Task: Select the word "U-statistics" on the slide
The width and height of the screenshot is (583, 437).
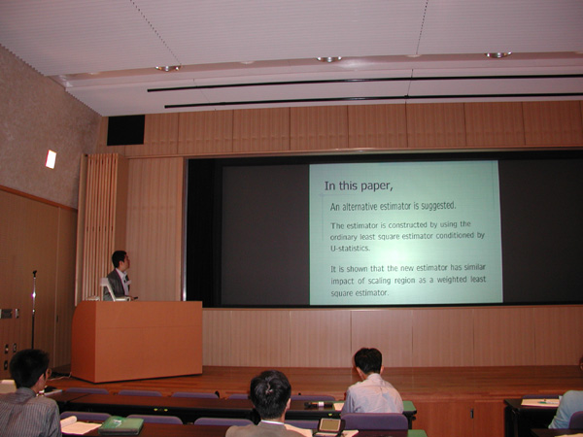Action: click(x=350, y=248)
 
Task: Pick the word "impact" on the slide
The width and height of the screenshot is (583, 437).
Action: click(x=342, y=282)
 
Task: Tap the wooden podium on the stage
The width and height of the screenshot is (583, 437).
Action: click(x=137, y=341)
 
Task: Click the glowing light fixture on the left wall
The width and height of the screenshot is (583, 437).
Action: click(x=51, y=159)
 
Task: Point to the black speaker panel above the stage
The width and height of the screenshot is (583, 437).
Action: click(x=125, y=130)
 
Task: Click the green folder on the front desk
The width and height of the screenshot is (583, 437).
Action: click(x=121, y=424)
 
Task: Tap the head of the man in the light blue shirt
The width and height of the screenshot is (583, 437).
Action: click(x=368, y=361)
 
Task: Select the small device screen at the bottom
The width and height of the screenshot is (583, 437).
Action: click(x=329, y=425)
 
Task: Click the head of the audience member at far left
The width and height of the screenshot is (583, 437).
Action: click(x=30, y=369)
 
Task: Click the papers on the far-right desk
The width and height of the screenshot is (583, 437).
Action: click(x=540, y=402)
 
